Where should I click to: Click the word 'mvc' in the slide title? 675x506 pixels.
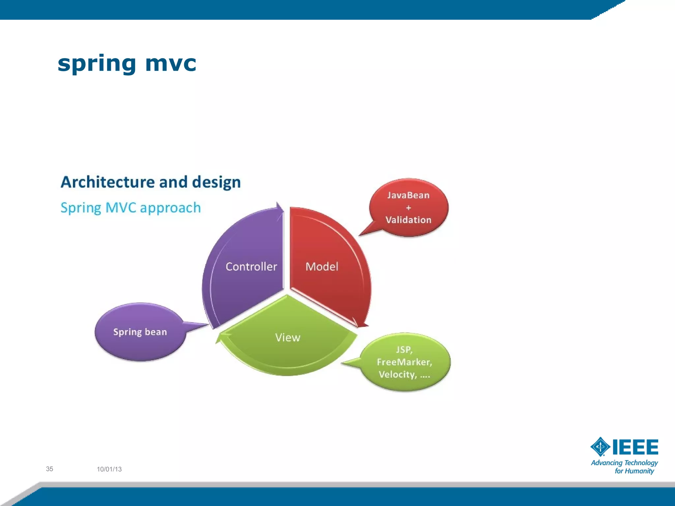click(x=170, y=63)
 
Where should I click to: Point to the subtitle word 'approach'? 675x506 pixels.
click(x=170, y=208)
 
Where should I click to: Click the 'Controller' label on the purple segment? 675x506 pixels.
click(x=251, y=267)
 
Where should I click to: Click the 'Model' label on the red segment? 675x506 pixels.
click(x=322, y=267)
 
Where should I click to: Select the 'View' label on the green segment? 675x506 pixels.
click(x=288, y=337)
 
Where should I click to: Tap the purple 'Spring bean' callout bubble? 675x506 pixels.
click(x=140, y=332)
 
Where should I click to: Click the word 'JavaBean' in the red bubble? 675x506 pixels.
click(x=408, y=195)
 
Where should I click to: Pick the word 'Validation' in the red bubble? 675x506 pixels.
click(x=408, y=220)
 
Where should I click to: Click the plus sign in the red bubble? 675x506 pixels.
click(x=408, y=208)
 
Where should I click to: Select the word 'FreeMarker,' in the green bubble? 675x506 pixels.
click(x=404, y=362)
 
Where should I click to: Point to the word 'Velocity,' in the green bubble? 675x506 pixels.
click(x=397, y=375)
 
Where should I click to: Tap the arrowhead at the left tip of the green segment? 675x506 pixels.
click(x=219, y=338)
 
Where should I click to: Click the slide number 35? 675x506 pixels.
click(x=49, y=469)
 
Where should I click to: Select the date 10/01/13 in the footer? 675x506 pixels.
click(x=109, y=469)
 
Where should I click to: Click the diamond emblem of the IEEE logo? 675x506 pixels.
click(x=600, y=447)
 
